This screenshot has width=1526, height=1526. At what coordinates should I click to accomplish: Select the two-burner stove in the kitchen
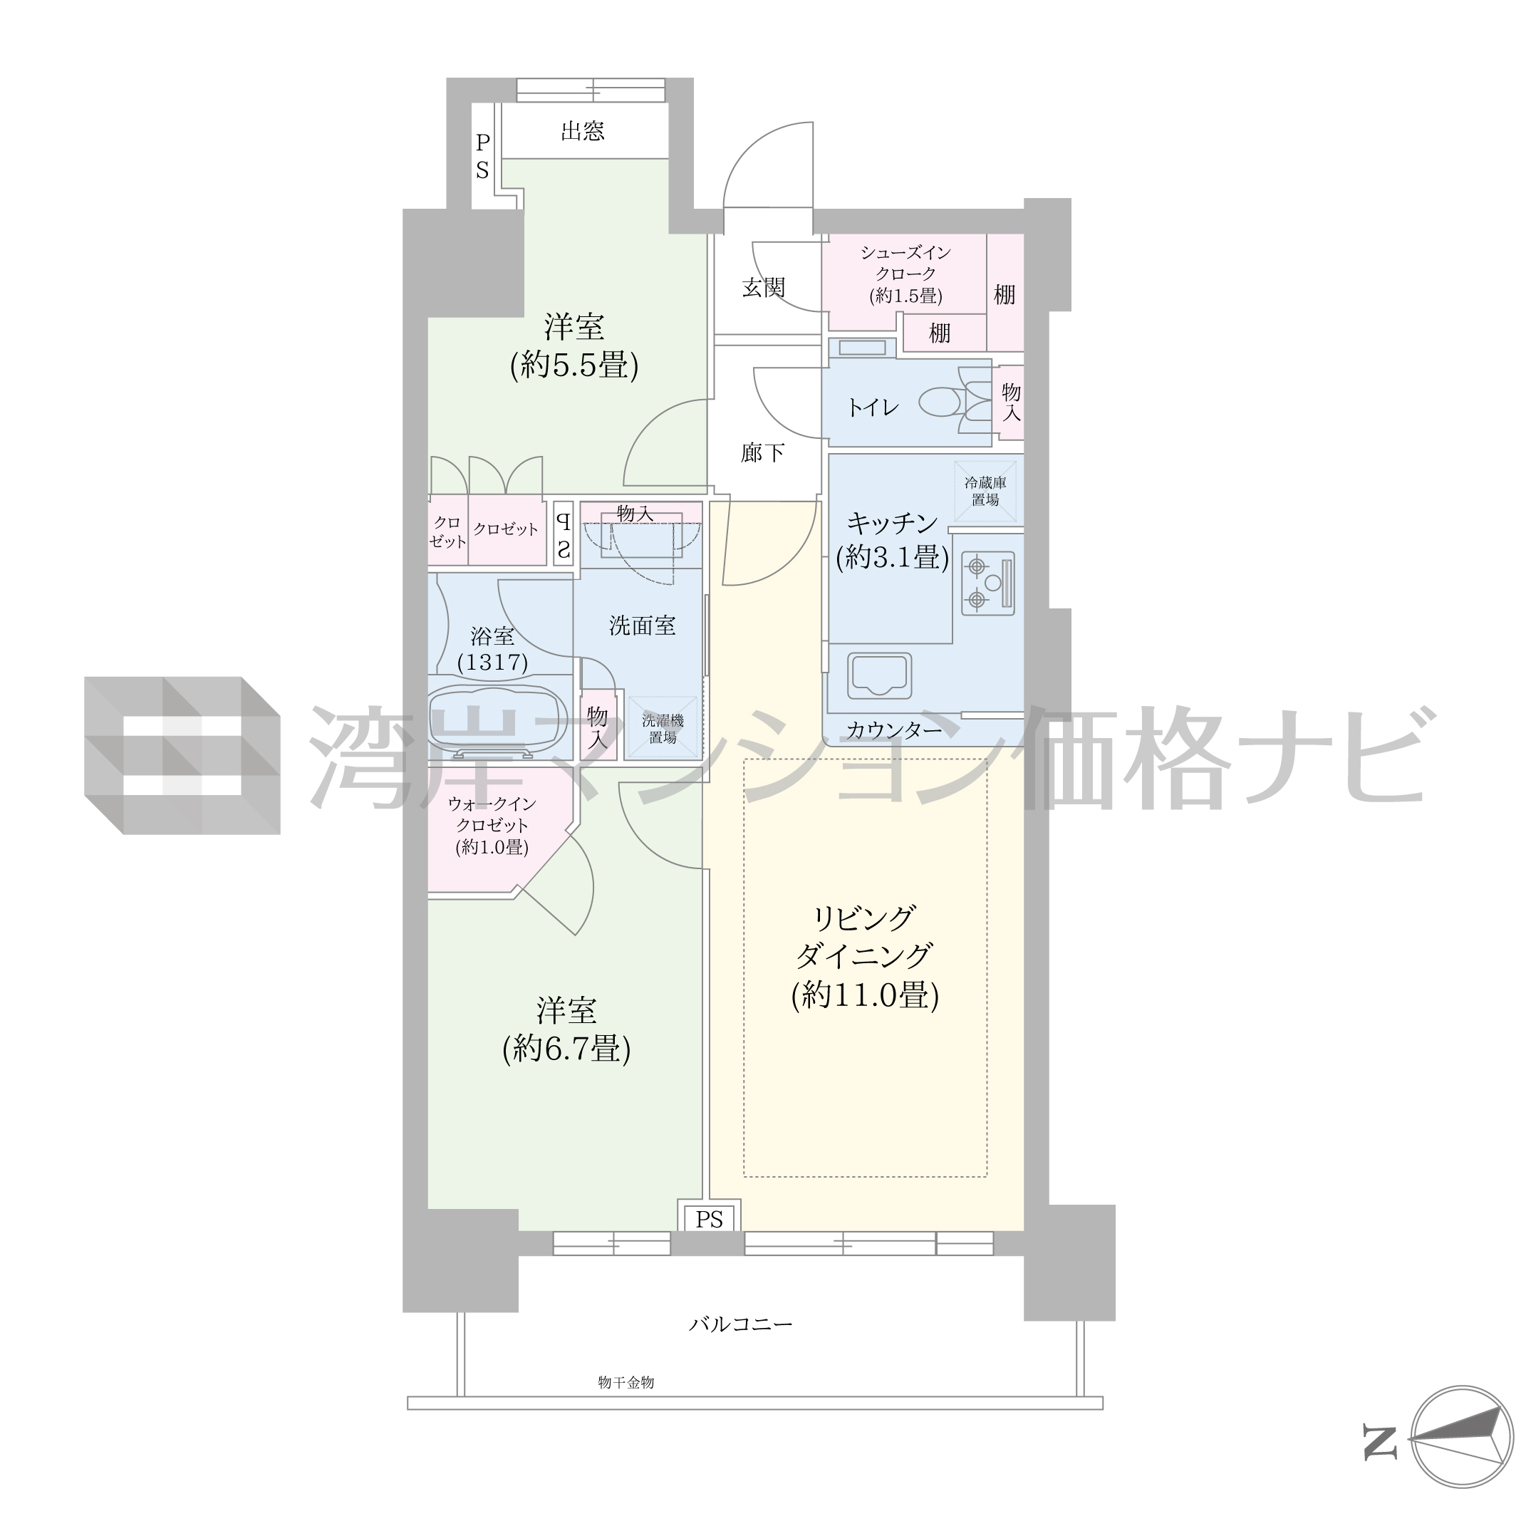coord(987,583)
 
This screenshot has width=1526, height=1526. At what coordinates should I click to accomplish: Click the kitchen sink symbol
coord(879,676)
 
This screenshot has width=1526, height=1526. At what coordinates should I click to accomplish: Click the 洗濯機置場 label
coord(663,729)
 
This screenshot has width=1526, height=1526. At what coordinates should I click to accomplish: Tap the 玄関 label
coord(764,288)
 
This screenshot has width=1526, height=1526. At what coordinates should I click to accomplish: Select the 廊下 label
coord(763,452)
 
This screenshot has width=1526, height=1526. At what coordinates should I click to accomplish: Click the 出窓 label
coord(583,131)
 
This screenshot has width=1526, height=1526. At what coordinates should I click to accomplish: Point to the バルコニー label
coord(741,1324)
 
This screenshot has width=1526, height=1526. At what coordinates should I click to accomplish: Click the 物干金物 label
coord(626,1382)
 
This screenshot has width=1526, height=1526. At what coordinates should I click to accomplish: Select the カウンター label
coord(894,730)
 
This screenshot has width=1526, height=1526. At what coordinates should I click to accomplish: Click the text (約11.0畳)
coord(865,995)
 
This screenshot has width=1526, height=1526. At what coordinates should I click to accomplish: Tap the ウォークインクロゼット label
coord(492,814)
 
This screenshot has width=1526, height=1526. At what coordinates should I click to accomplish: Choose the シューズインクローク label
coord(905,263)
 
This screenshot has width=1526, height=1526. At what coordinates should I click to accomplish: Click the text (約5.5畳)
coord(574,365)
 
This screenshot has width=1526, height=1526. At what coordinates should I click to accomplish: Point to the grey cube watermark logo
coord(182,755)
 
